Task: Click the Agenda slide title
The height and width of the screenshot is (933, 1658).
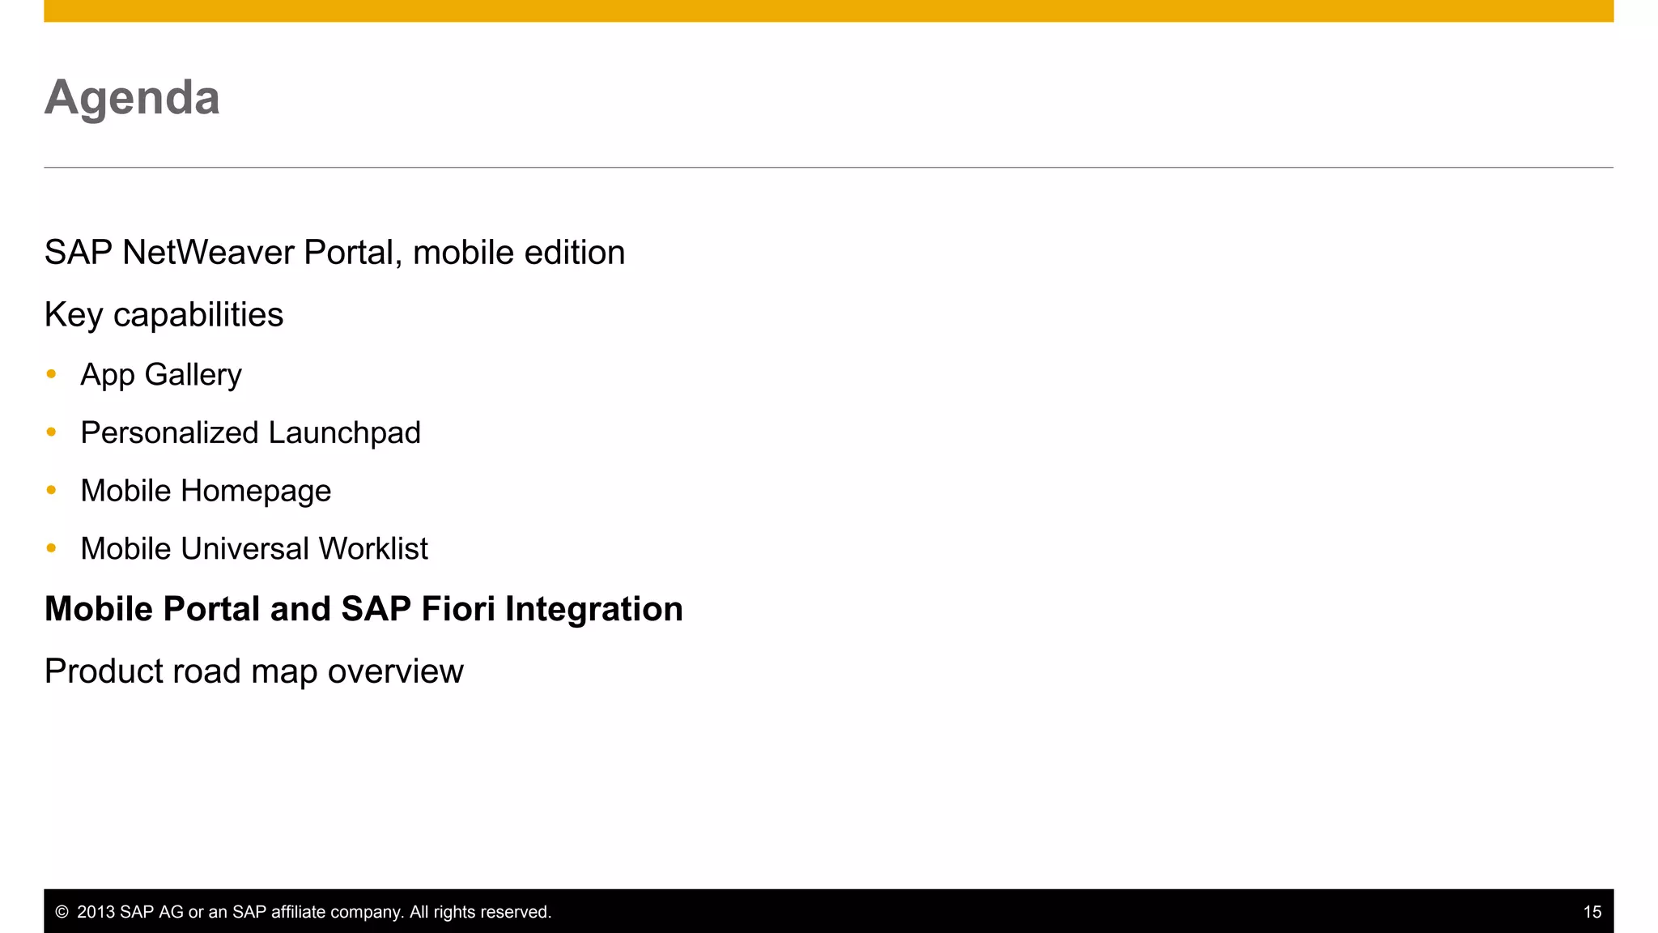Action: (132, 98)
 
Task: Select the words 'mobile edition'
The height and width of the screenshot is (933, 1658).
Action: (519, 253)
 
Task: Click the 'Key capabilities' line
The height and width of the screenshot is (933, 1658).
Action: (164, 315)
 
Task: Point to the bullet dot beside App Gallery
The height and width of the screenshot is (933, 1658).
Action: (52, 374)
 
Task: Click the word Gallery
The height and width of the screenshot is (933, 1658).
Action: (193, 375)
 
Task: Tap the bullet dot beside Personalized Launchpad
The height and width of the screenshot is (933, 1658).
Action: (52, 432)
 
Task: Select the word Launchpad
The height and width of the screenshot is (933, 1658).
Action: (344, 433)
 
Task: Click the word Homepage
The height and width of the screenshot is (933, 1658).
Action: (256, 492)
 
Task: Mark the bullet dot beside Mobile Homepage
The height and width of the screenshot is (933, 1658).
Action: (52, 490)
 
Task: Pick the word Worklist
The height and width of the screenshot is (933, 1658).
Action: (373, 549)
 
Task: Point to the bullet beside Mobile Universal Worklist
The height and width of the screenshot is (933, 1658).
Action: (52, 548)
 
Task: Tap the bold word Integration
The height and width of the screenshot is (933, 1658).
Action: (593, 610)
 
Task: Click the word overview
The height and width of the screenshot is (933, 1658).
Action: (395, 671)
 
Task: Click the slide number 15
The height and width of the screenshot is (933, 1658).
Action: (1592, 912)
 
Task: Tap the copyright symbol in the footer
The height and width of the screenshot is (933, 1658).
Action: (62, 912)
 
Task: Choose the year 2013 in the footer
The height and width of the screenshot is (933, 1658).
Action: (96, 912)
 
